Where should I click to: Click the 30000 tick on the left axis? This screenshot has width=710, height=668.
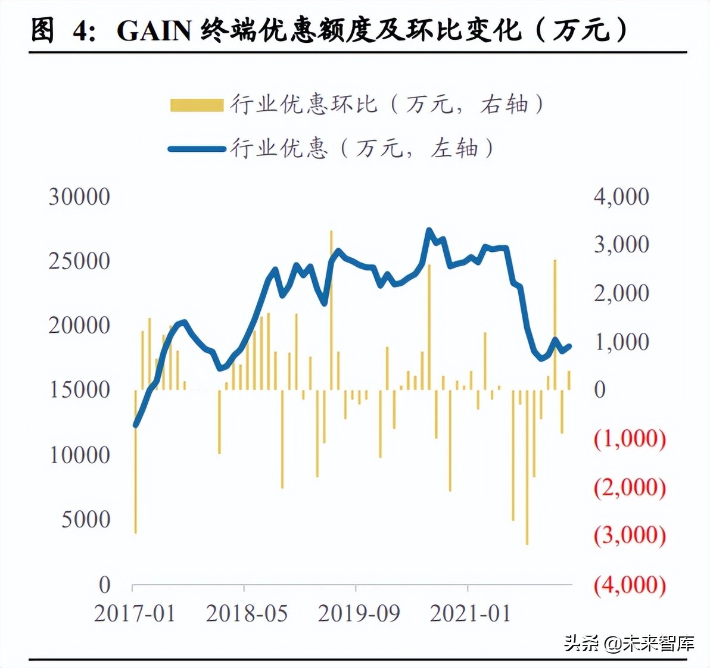(x=79, y=196)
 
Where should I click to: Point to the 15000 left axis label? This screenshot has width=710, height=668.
(x=79, y=390)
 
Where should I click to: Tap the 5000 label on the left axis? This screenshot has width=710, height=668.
(x=86, y=519)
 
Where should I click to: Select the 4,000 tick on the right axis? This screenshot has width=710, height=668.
(x=621, y=196)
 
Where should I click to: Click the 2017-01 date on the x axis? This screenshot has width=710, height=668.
(x=135, y=613)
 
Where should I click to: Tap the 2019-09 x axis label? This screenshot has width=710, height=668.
(x=359, y=613)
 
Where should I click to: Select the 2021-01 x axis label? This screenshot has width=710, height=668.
(x=471, y=613)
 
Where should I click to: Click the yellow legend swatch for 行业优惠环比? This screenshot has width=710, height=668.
(x=196, y=105)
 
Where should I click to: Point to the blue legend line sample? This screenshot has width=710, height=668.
(x=196, y=149)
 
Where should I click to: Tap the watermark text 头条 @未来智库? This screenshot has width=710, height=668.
(x=629, y=643)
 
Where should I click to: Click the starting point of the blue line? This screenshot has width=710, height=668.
(x=135, y=426)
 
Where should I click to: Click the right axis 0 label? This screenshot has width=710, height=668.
(x=599, y=390)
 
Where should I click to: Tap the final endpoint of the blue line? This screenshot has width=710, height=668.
(x=570, y=346)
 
